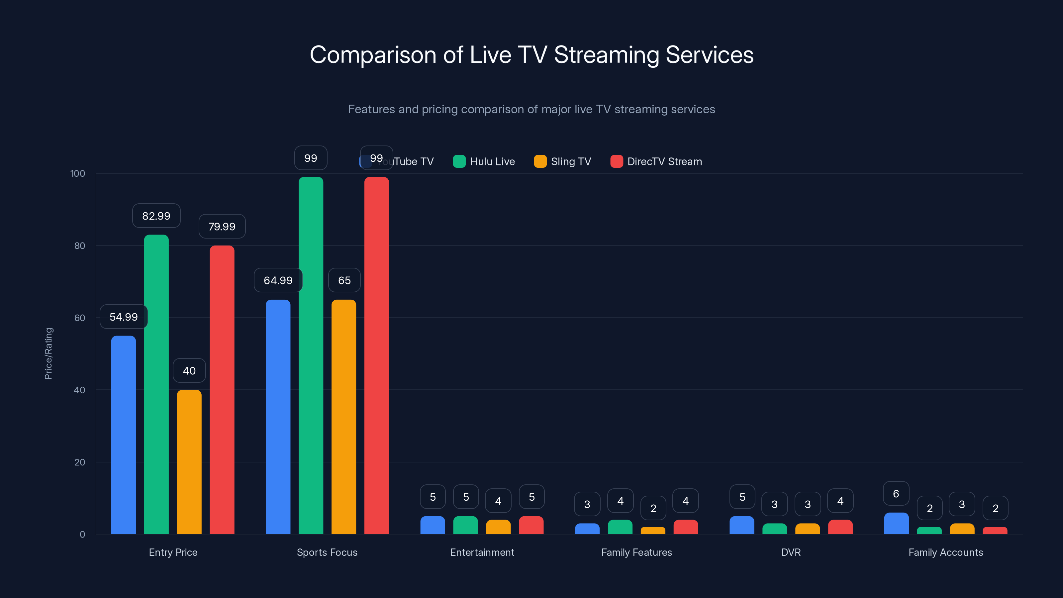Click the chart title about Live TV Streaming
tap(531, 55)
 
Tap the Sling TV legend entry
tap(562, 161)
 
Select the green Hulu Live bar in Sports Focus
tap(311, 355)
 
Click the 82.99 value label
tap(156, 216)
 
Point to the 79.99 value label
tap(222, 227)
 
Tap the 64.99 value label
tap(278, 280)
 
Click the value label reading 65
tap(344, 280)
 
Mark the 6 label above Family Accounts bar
tap(896, 494)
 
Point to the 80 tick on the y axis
tap(80, 246)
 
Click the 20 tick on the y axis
tap(80, 462)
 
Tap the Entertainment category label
tap(482, 552)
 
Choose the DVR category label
tap(791, 552)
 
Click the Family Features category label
tap(636, 552)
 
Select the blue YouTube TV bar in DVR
tap(741, 525)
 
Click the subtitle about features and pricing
tap(531, 109)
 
